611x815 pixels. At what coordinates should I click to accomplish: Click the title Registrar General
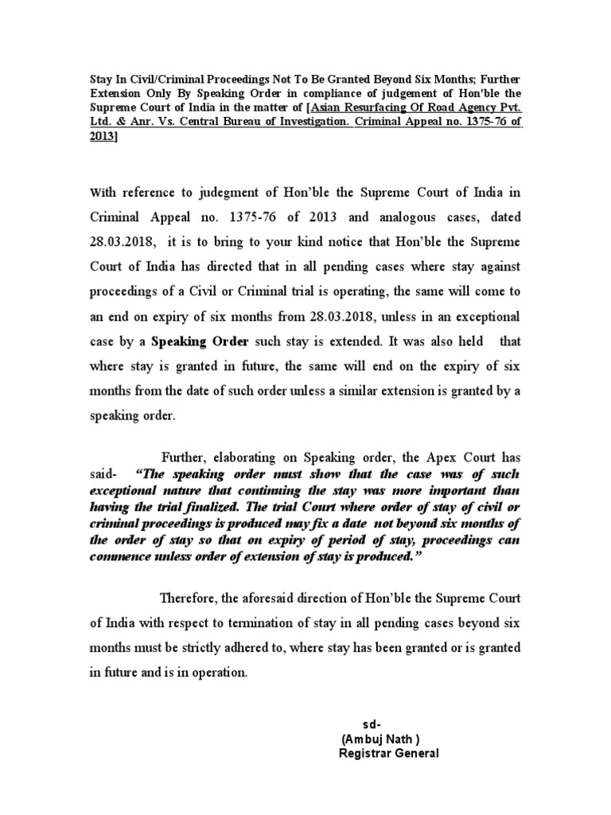coord(388,753)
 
